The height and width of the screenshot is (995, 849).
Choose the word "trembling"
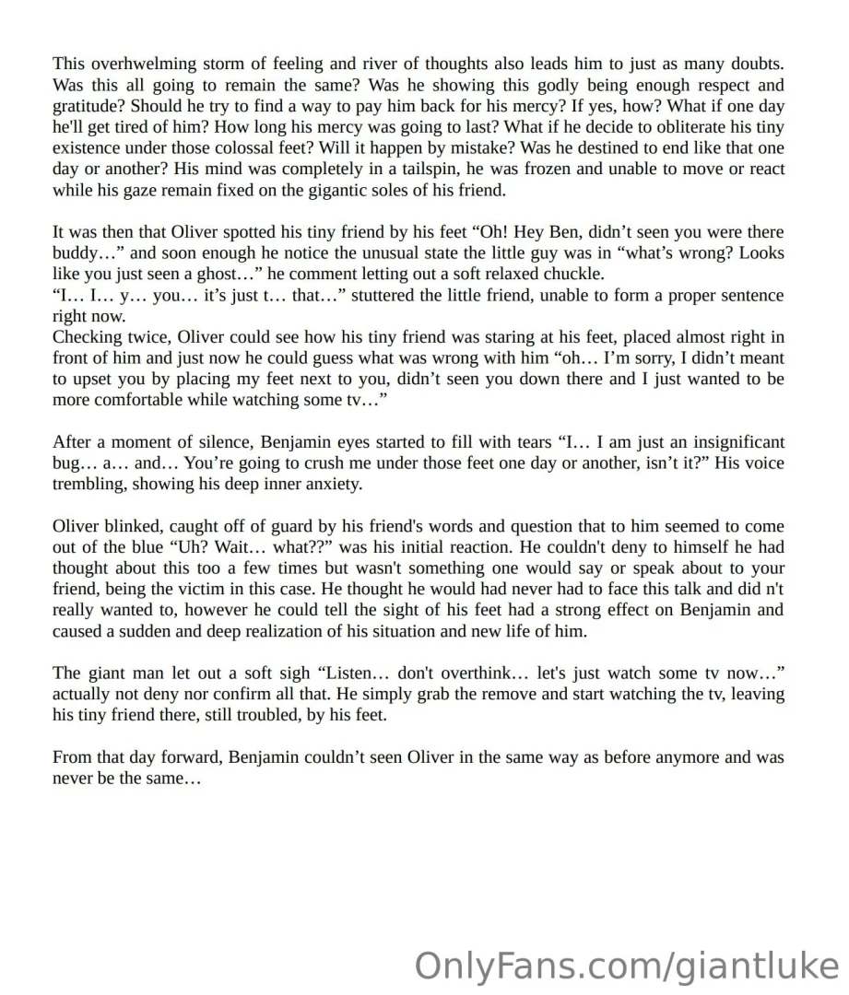coord(85,485)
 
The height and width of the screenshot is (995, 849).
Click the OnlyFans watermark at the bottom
coord(626,966)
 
